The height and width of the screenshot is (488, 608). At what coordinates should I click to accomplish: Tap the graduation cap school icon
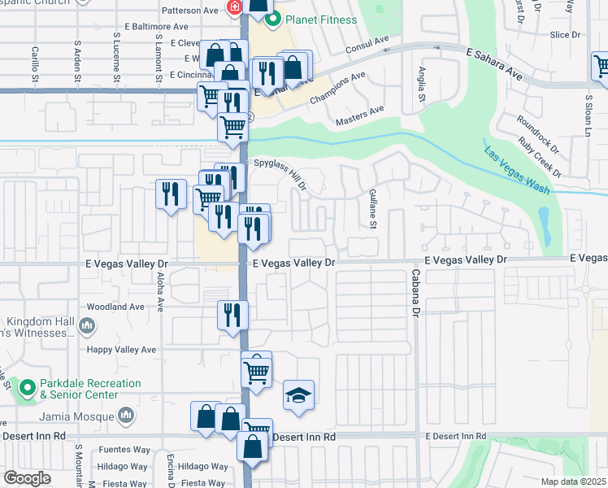coord(298,395)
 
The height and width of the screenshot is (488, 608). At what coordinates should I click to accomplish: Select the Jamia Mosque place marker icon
coord(125,416)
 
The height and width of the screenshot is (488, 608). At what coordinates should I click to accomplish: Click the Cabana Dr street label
coord(415,293)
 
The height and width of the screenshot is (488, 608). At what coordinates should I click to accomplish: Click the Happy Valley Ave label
coord(122,350)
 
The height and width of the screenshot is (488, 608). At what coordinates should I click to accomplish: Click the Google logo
coord(27,477)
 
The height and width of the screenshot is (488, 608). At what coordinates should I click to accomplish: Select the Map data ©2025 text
coord(573,481)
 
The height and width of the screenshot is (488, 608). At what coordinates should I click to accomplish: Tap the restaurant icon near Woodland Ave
coord(233,313)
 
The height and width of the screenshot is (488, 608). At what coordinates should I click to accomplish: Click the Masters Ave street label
coord(359,115)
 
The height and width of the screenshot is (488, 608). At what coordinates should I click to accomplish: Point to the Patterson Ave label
coord(191,11)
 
